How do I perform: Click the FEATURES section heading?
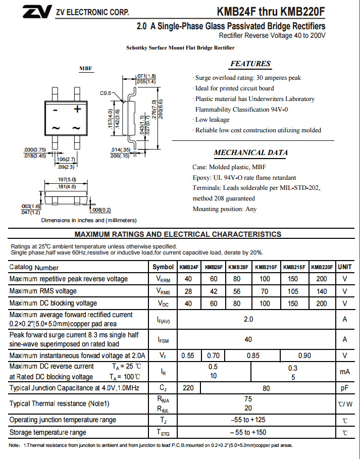coord(250,64)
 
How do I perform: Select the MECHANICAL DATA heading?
coord(250,152)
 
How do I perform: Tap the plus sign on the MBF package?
coord(78,109)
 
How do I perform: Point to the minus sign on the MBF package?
coord(56,110)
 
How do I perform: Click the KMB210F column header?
coord(265,267)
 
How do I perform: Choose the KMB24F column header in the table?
coord(188,267)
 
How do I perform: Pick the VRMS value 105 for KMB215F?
coord(293,291)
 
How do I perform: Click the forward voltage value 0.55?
coord(187,355)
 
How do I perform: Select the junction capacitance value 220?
coord(188,388)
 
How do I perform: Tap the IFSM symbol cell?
coord(163,340)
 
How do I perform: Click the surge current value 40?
coord(248,339)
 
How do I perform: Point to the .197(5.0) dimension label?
coord(67,179)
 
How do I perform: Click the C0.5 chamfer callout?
coord(106,93)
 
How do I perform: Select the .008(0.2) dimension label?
coord(100,210)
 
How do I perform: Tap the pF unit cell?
coord(345,388)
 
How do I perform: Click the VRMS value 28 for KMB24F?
coord(188,291)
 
